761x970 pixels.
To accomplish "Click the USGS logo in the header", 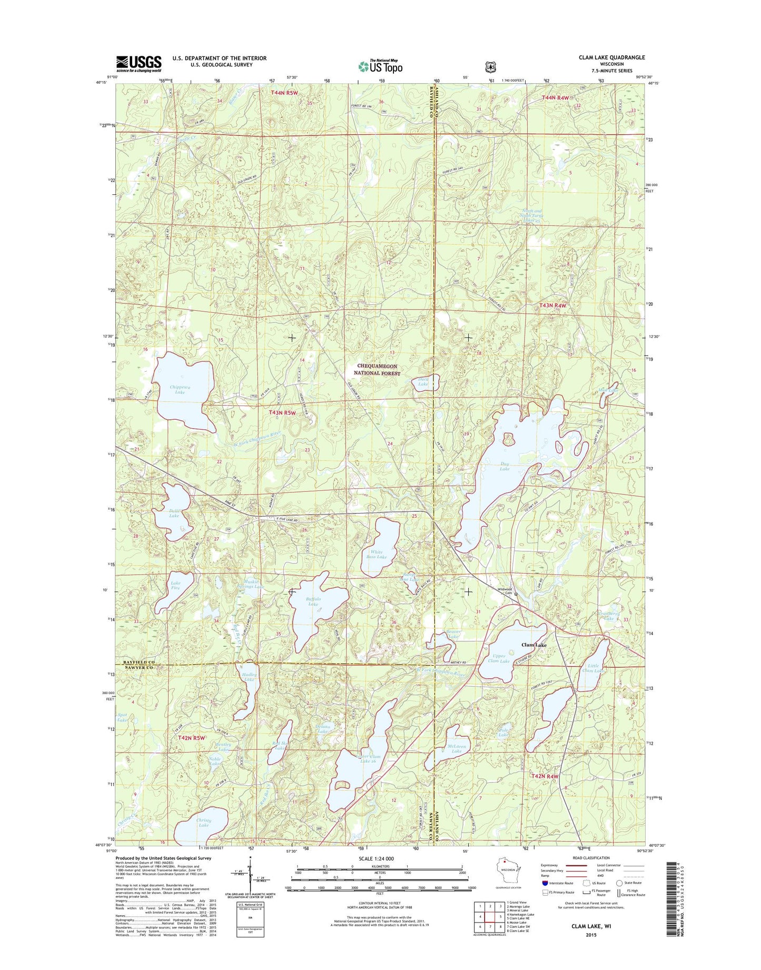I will pos(139,64).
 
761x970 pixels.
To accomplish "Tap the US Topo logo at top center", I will pos(380,66).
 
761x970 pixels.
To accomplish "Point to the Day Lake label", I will pos(505,466).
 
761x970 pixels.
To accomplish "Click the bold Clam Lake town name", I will pos(534,645).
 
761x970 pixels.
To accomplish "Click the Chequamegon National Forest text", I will pos(378,370).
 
